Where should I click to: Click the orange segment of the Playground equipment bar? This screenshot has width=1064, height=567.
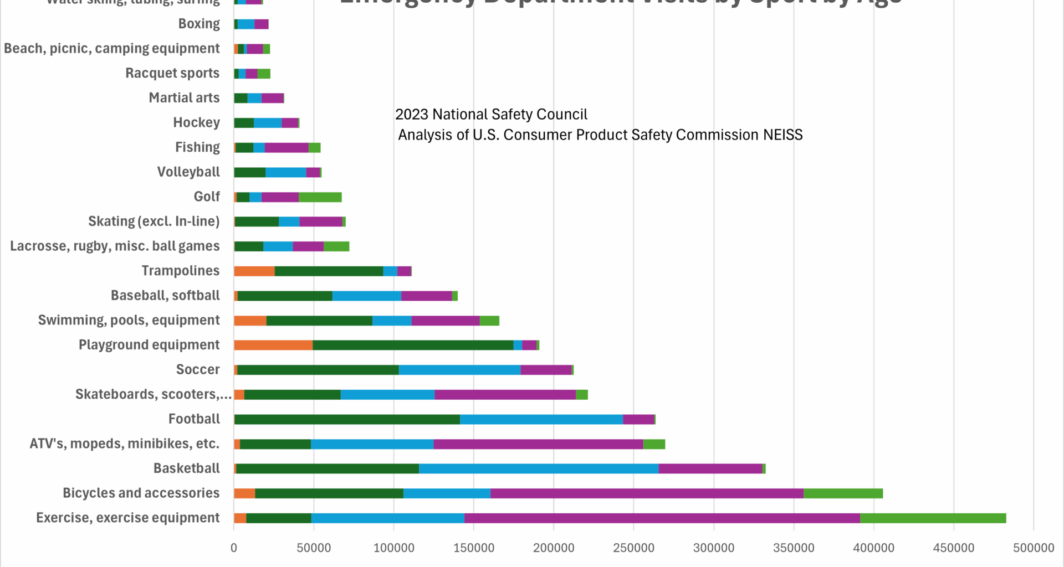point(273,346)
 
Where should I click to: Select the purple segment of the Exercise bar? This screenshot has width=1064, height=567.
point(662,518)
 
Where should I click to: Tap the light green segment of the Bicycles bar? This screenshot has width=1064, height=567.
point(842,493)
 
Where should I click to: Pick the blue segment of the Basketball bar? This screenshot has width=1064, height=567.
point(538,469)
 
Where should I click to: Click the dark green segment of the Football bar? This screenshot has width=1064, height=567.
point(347,420)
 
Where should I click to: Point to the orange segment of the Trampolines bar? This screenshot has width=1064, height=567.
point(254,271)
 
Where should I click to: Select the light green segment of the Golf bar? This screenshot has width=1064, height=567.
point(320,197)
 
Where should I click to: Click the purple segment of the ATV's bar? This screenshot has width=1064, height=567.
point(538,444)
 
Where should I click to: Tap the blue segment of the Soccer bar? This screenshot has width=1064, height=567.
point(459,370)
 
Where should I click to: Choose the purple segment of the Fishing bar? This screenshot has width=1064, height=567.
point(286,148)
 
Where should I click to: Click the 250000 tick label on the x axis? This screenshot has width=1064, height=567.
point(633,548)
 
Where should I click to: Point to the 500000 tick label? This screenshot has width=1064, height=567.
point(1033,548)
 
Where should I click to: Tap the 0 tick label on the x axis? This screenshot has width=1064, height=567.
point(234,548)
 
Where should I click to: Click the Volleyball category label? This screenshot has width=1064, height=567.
point(188,172)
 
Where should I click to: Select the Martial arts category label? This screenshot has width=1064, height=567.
point(184,98)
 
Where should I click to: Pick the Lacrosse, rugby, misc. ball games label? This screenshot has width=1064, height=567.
point(115,246)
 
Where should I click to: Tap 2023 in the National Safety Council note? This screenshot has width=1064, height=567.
point(411,115)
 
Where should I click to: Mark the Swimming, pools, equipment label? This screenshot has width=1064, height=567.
point(129,321)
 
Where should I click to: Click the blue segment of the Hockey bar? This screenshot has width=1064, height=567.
point(267,123)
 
